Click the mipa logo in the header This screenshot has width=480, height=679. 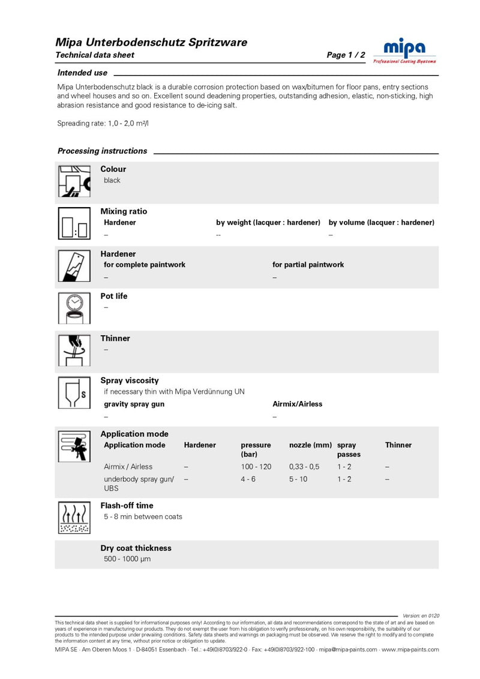click(x=404, y=51)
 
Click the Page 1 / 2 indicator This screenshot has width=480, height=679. click(x=346, y=55)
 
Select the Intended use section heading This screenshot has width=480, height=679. click(x=82, y=73)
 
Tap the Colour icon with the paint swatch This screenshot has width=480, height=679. click(x=74, y=181)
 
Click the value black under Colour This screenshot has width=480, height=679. click(x=112, y=180)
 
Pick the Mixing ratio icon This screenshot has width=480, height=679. click(x=74, y=223)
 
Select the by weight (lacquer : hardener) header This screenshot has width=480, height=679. click(x=268, y=223)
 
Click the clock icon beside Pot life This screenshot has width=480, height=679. click(x=74, y=308)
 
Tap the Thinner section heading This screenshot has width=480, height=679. click(x=115, y=338)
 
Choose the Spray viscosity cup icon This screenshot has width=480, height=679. click(x=74, y=393)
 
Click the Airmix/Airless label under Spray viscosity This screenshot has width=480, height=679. click(x=297, y=404)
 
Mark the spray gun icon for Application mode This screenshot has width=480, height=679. click(x=74, y=446)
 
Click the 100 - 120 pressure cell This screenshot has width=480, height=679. click(x=256, y=466)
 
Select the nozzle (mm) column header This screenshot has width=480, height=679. click(x=310, y=445)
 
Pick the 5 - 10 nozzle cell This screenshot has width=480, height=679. click(x=298, y=479)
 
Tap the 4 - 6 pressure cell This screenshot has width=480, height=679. click(x=248, y=479)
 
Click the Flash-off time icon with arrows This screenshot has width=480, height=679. click(x=74, y=518)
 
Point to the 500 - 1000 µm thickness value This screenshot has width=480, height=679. click(x=127, y=559)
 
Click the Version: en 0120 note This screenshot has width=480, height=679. click(x=421, y=615)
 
